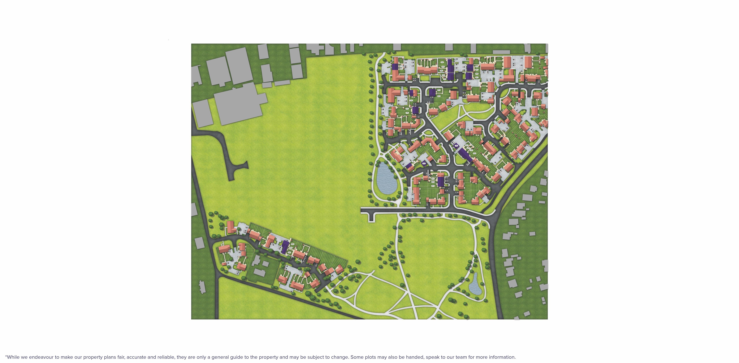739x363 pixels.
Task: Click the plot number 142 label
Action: coord(442,62)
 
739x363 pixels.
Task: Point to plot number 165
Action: coord(439,90)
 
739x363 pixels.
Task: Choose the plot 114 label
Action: coord(411,100)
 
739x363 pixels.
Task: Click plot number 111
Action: coord(407,113)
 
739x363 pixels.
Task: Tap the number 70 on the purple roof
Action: coord(456,146)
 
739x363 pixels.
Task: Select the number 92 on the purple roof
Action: coord(424,164)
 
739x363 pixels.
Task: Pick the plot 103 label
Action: coord(475,153)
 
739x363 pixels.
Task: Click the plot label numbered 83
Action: coord(433,186)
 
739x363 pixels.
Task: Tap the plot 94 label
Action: coord(413,162)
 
